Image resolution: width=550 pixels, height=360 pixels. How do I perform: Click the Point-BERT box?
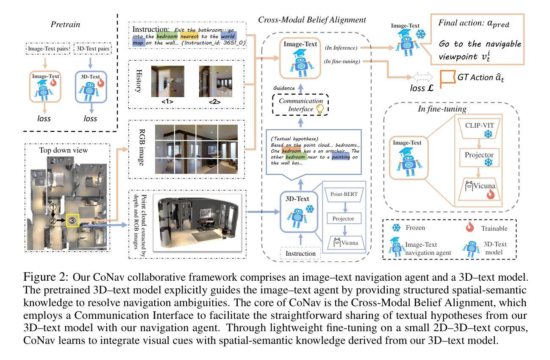pyautogui.click(x=344, y=194)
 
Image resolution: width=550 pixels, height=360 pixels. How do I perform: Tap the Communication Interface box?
pyautogui.click(x=300, y=105)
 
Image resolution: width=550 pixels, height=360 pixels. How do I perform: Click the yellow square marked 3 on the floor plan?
pyautogui.click(x=72, y=220)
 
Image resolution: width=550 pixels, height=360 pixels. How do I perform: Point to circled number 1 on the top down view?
pyautogui.click(x=53, y=207)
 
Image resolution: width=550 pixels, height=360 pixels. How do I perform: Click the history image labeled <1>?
pyautogui.click(x=168, y=81)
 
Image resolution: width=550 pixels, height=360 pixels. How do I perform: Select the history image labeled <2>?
pyautogui.click(x=216, y=81)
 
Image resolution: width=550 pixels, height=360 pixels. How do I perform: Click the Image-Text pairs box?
pyautogui.click(x=48, y=49)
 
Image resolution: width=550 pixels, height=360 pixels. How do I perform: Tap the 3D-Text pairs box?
pyautogui.click(x=93, y=49)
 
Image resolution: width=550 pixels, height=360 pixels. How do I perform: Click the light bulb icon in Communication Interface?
pyautogui.click(x=319, y=109)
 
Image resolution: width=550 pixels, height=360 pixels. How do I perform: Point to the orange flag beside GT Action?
pyautogui.click(x=447, y=78)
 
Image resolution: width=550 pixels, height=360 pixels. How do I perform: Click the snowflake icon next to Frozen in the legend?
pyautogui.click(x=396, y=228)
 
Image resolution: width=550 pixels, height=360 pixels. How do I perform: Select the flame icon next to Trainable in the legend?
pyautogui.click(x=470, y=227)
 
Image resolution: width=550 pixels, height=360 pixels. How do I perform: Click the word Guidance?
pyautogui.click(x=284, y=88)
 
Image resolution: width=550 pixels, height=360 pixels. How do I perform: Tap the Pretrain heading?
pyautogui.click(x=65, y=24)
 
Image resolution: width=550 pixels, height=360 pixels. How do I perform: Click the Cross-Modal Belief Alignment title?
pyautogui.click(x=312, y=20)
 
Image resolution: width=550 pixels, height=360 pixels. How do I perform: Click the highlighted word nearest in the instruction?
pyautogui.click(x=189, y=36)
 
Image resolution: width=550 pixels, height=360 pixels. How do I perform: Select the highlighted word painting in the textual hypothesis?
pyautogui.click(x=341, y=157)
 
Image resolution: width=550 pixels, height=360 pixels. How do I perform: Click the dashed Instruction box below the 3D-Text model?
pyautogui.click(x=300, y=253)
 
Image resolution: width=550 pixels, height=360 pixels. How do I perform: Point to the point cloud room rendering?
pyautogui.click(x=197, y=223)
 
